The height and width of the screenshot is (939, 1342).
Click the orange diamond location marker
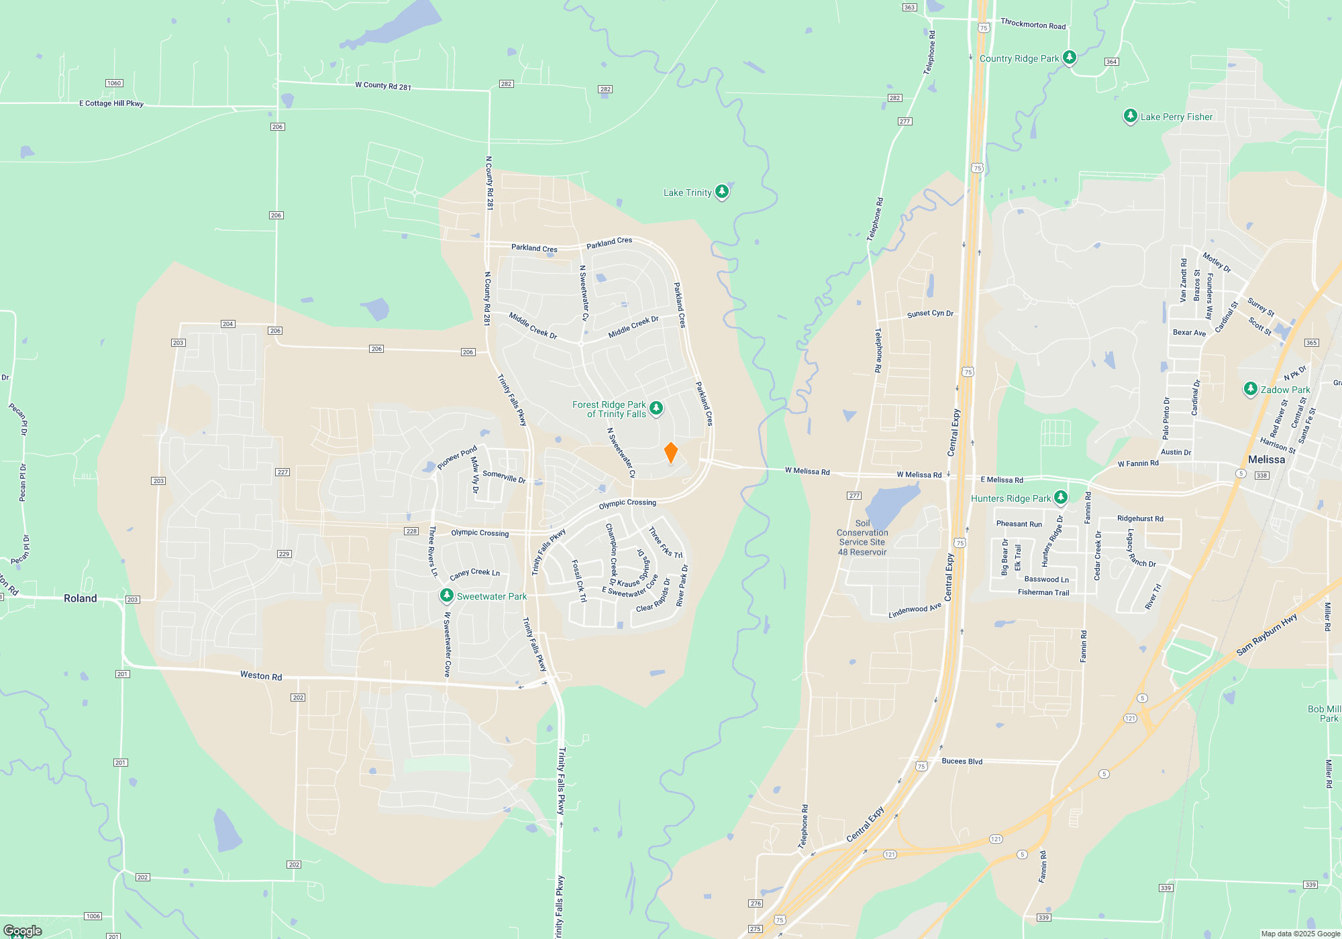pyautogui.click(x=670, y=453)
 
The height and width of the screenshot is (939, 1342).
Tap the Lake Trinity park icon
pyautogui.click(x=721, y=192)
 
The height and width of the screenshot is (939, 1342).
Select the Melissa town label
pyautogui.click(x=1266, y=459)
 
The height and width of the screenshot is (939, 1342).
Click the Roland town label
pyautogui.click(x=80, y=598)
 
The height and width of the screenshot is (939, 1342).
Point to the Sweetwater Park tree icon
pyautogui.click(x=446, y=596)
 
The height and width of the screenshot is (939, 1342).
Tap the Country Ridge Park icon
pyautogui.click(x=1070, y=58)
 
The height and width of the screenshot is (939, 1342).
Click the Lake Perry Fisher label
pyautogui.click(x=1176, y=117)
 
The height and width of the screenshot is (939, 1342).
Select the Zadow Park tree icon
pyautogui.click(x=1250, y=389)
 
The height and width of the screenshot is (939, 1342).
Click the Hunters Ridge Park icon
pyautogui.click(x=1061, y=498)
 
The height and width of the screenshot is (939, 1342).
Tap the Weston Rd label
pyautogui.click(x=261, y=675)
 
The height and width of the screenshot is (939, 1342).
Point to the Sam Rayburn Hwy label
pyautogui.click(x=1266, y=634)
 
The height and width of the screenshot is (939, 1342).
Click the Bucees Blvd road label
pyautogui.click(x=962, y=761)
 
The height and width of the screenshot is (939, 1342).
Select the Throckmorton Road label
pyautogui.click(x=1033, y=24)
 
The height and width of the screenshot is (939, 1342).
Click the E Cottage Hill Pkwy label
pyautogui.click(x=111, y=103)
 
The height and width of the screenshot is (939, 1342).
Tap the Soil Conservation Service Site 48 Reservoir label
pyautogui.click(x=862, y=538)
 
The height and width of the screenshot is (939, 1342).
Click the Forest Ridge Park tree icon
pyautogui.click(x=656, y=408)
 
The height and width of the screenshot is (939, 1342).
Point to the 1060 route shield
pyautogui.click(x=114, y=83)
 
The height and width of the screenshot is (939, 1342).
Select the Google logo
pyautogui.click(x=22, y=931)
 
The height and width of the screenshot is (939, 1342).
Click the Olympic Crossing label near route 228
pyautogui.click(x=480, y=533)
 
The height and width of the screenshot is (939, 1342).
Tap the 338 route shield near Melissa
pyautogui.click(x=1261, y=476)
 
